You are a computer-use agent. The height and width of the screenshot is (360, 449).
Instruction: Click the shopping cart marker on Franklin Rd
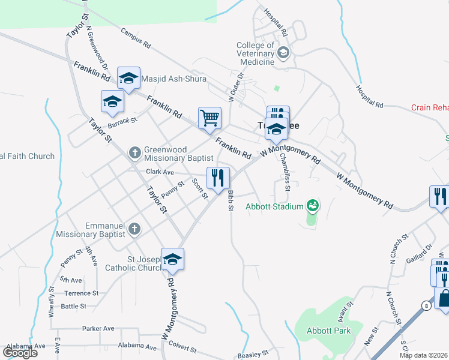210,118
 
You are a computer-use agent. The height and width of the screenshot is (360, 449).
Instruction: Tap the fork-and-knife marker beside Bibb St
218,178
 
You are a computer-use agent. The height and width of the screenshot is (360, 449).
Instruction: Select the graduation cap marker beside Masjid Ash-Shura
128,77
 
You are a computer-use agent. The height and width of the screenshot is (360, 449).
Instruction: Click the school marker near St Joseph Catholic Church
172,259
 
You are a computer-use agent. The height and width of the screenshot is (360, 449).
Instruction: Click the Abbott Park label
328,331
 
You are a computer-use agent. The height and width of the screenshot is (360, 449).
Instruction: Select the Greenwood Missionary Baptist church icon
134,154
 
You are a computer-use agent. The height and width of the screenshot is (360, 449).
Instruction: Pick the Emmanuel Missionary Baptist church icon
134,229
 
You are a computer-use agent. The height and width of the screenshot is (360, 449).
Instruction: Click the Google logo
20,352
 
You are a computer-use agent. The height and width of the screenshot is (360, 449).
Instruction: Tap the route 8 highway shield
425,305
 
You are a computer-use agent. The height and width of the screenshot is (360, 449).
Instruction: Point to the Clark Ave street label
160,172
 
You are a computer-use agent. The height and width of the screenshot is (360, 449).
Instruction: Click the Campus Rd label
135,38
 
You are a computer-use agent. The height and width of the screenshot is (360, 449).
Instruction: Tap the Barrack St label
122,122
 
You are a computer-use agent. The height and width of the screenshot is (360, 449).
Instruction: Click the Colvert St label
182,348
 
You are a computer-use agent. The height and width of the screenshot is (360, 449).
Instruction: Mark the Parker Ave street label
98,328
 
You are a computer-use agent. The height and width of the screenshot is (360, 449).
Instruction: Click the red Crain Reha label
430,108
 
